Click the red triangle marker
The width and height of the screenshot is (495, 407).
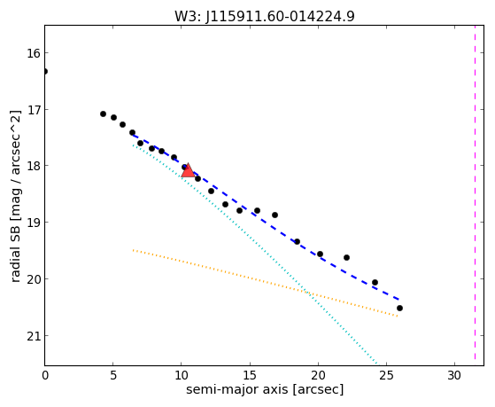point(188,171)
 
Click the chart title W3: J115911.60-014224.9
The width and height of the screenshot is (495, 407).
point(265,16)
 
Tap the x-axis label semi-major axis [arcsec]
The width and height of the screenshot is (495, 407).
point(265,389)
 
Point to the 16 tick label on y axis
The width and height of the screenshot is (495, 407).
point(34,53)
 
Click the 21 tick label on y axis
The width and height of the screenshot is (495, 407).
point(34,335)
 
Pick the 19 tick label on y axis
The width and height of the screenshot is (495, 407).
point(34,223)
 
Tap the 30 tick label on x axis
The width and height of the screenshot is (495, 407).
point(454,375)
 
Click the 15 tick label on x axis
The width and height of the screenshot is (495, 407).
point(250,375)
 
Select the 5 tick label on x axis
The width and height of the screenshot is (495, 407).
point(113,375)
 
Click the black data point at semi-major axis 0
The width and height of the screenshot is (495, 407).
point(45,71)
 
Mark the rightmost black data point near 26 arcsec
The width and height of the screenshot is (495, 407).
point(399,308)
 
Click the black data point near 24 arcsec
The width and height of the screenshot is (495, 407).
point(375,282)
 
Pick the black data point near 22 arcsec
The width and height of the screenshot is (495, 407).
point(346,257)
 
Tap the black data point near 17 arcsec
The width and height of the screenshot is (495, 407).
point(275,215)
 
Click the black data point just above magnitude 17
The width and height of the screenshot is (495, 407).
point(103,113)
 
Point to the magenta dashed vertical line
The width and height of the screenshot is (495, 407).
point(475,192)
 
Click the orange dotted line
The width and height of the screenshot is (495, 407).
point(265,283)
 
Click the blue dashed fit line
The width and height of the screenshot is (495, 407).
point(267,217)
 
